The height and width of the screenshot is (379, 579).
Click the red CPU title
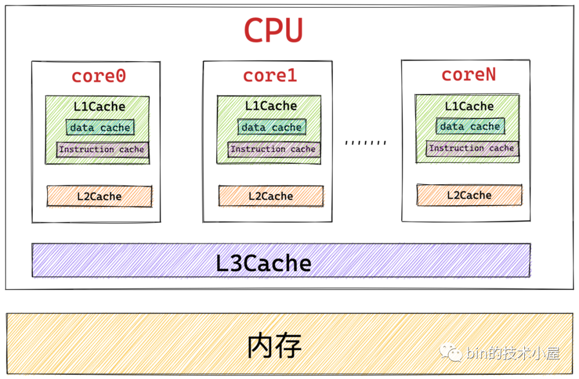coord(273,31)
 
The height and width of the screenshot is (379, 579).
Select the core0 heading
coord(99,76)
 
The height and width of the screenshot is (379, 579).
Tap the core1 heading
coord(270,75)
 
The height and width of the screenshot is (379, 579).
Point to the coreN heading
coord(469,74)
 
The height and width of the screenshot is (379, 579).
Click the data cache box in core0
coord(100,127)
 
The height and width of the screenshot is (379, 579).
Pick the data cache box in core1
coord(271,127)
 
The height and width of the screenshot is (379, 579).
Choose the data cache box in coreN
coord(470,126)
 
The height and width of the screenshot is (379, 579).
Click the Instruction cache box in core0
coord(102,149)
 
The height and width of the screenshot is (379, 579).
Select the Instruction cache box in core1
coord(273,149)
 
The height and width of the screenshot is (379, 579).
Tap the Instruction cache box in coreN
coord(472,148)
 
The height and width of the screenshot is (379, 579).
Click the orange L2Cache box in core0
coord(99,196)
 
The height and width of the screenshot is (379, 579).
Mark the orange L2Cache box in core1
coord(271,196)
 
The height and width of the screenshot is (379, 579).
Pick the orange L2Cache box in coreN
coord(469,195)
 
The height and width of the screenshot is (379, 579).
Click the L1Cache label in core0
coord(99,107)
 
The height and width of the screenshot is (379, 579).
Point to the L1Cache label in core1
coord(271,106)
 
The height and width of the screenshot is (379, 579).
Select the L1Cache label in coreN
coord(469,106)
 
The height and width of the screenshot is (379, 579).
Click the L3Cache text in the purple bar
coord(263,263)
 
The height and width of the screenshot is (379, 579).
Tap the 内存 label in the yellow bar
coord(274,346)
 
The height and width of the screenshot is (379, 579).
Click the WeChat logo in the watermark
coord(450,352)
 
